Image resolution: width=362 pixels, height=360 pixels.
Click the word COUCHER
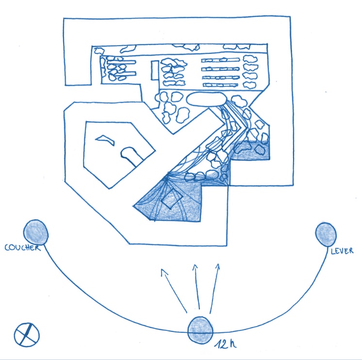pos(22,247)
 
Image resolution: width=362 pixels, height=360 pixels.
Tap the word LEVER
pos(342,251)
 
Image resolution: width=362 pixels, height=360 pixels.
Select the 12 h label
pos(225,344)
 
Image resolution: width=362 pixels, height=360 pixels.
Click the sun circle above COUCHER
pos(36,232)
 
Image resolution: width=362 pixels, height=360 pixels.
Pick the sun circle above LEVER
pos(326,234)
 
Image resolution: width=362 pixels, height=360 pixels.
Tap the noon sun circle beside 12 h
pos(200,330)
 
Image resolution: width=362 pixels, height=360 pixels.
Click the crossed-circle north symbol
pos(27,335)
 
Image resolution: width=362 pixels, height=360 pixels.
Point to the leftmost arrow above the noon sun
pos(174,291)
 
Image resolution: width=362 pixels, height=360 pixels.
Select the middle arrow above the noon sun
pos(197,287)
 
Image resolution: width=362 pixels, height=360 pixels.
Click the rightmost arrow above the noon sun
pos(214,289)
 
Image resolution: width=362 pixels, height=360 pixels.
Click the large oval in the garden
pos(206,99)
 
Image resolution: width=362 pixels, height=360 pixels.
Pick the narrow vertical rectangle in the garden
pos(155,70)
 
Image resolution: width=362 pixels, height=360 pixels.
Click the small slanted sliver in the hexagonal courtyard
pos(105,140)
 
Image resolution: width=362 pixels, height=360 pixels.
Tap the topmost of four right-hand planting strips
pos(220,60)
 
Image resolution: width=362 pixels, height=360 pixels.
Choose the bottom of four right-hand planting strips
pos(220,85)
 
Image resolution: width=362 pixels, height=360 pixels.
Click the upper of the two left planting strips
pos(121,62)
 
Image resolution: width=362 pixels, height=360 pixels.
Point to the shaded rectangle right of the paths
pos(250,150)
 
